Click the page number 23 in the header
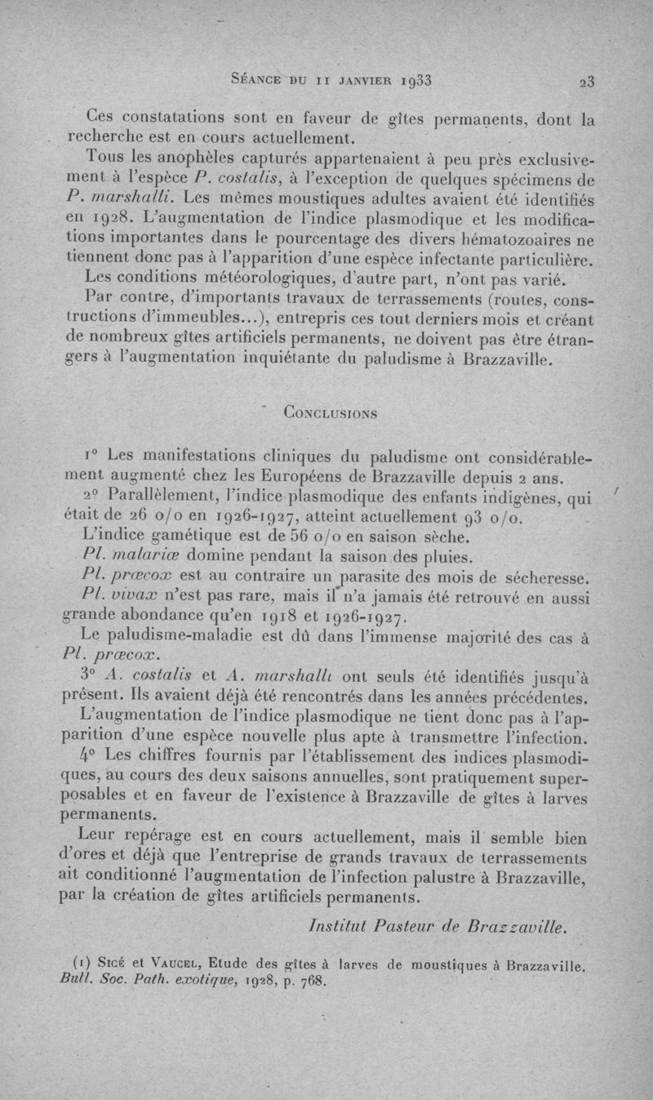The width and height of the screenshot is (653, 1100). click(x=586, y=81)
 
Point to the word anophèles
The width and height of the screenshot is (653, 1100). click(x=176, y=156)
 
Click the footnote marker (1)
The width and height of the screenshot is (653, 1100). click(x=91, y=965)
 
